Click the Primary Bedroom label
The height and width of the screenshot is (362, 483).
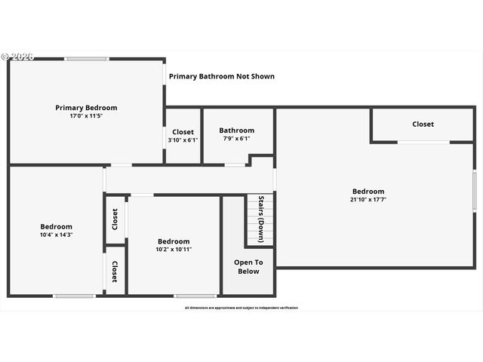86,108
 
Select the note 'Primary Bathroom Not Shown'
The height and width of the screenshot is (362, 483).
221,76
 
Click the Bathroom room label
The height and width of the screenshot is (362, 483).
238,130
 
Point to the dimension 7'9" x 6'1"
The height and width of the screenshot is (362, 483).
238,140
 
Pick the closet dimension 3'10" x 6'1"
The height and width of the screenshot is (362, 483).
183,140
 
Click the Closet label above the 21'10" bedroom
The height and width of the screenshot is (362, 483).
423,124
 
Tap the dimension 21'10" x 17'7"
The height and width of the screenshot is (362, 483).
368,200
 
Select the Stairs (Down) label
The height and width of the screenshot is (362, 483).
262,219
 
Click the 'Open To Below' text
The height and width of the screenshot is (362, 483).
248,267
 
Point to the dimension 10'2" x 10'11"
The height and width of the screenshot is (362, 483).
174,250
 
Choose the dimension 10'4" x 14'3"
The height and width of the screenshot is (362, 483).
57,235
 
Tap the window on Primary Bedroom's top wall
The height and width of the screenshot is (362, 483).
86,59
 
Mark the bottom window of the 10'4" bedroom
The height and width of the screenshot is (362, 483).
74,295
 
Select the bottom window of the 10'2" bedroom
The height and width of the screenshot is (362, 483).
195,295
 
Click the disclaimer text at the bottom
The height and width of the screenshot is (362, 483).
241,308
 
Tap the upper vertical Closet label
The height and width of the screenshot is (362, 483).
115,219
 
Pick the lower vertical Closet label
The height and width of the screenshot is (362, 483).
115,271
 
